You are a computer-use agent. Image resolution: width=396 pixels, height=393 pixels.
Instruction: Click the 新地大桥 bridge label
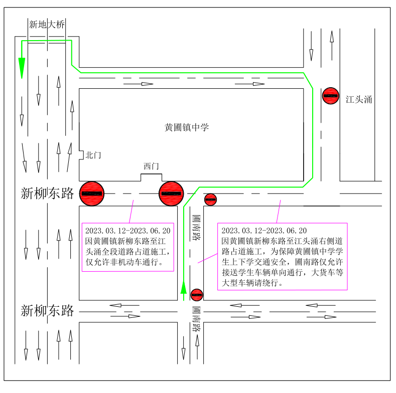[47, 25]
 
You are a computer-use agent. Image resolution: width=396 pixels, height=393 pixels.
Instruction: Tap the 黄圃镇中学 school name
[187, 127]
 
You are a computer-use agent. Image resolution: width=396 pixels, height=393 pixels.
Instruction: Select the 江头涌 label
[359, 99]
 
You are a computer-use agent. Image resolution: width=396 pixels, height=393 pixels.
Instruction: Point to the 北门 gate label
[93, 155]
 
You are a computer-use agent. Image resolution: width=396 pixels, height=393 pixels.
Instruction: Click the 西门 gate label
[151, 166]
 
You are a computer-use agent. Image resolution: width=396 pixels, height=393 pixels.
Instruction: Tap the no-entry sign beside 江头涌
[331, 96]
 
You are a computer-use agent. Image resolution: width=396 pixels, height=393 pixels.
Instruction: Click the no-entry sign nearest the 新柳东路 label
[92, 193]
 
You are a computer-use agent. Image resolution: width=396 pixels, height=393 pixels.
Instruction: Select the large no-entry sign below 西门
[171, 193]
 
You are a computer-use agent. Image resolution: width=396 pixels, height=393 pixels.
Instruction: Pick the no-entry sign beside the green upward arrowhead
[197, 295]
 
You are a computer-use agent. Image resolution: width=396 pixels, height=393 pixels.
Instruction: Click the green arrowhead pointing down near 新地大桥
[22, 68]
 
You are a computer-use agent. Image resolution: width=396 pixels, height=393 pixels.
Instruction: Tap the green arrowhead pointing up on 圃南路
[184, 287]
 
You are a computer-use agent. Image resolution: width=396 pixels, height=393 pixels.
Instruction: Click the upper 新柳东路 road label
[47, 193]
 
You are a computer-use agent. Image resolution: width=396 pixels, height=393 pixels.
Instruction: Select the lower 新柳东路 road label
[47, 310]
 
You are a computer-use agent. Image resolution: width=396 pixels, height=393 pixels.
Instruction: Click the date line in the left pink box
[128, 231]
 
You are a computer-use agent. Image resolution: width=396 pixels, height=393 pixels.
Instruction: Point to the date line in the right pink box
[264, 231]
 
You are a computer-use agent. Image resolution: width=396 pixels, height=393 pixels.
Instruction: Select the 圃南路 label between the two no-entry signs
[196, 228]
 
